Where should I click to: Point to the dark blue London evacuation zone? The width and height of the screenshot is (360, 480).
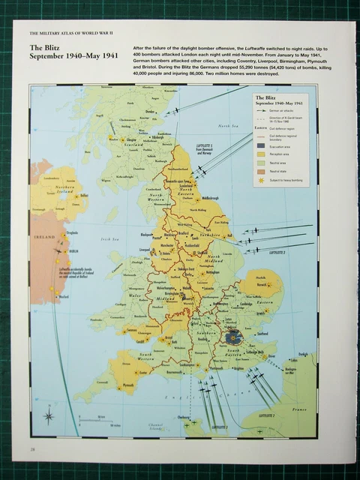232,337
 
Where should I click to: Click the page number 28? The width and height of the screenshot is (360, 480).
33,448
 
